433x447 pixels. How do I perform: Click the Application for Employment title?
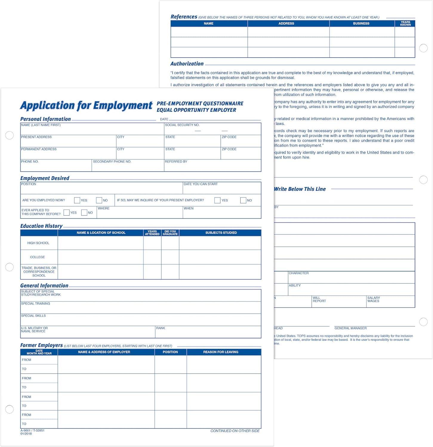point(86,105)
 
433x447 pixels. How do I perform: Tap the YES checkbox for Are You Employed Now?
point(77,200)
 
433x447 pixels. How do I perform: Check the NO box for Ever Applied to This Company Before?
point(84,212)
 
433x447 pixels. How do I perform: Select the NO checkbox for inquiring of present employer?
point(243,200)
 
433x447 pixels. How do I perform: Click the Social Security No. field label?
point(182,125)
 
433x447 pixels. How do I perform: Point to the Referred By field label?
point(176,162)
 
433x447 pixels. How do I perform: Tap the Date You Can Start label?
point(201,184)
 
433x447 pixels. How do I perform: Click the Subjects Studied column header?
point(221,233)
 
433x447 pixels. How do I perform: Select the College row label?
point(37,257)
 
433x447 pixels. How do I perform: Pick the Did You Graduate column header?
point(170,233)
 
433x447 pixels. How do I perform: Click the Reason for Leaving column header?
point(221,352)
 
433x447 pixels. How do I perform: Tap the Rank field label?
point(161,328)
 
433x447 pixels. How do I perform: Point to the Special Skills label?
point(33,316)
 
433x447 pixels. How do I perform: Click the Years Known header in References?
point(405,24)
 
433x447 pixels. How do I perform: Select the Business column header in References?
point(361,24)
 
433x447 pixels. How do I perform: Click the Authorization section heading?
point(187,64)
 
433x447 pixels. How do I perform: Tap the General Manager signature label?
point(350,328)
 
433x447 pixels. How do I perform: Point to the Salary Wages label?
point(373,299)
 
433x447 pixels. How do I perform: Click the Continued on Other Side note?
point(235,431)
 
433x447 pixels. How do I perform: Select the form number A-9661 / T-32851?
point(33,431)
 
